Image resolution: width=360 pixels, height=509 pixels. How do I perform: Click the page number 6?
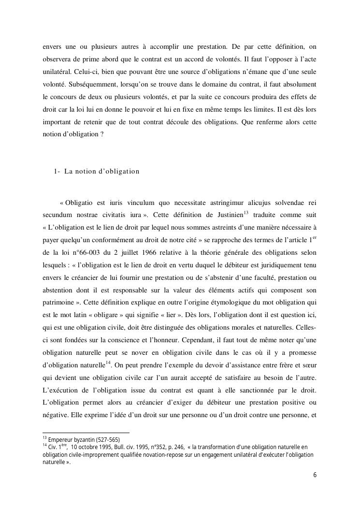point(315,475)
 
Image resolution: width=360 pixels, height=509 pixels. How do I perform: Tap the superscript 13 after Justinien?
point(246,212)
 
